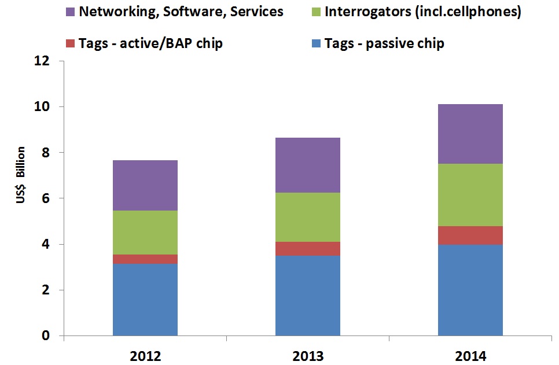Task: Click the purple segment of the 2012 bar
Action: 145,185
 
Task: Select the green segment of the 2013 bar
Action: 308,217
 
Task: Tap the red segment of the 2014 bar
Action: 470,235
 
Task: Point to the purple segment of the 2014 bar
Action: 470,134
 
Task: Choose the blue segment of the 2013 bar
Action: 308,296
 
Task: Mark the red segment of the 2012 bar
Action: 145,259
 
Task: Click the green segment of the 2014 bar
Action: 470,195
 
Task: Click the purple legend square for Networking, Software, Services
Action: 71,12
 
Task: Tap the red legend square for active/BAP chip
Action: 71,44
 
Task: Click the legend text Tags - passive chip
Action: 384,44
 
